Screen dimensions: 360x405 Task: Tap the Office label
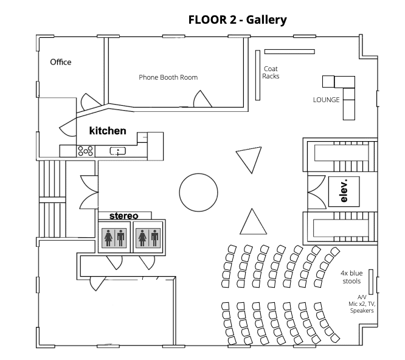click(60, 62)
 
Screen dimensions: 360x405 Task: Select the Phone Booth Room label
click(168, 77)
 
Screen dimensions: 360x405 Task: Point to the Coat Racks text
click(271, 72)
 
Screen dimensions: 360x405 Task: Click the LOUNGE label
click(326, 100)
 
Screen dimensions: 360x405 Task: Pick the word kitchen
click(108, 131)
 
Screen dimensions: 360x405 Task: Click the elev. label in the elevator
click(344, 190)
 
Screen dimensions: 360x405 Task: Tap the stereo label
click(123, 216)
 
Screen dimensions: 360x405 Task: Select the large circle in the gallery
click(198, 191)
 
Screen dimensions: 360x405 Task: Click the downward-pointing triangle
click(247, 159)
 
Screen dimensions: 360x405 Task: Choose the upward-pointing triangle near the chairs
click(254, 223)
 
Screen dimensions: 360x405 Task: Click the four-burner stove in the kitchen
click(85, 150)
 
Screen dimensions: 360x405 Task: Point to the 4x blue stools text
click(351, 277)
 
